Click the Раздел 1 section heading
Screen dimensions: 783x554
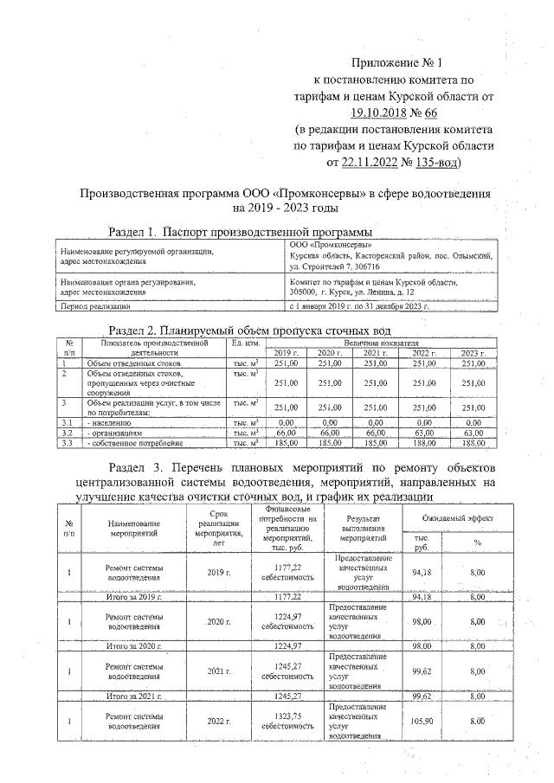click(x=240, y=232)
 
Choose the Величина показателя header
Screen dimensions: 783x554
click(x=386, y=344)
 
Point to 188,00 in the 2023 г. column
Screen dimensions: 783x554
click(x=472, y=443)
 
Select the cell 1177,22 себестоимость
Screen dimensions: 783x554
click(x=288, y=572)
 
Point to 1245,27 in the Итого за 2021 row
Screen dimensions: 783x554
click(x=288, y=695)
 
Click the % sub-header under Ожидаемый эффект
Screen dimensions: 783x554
click(x=477, y=542)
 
